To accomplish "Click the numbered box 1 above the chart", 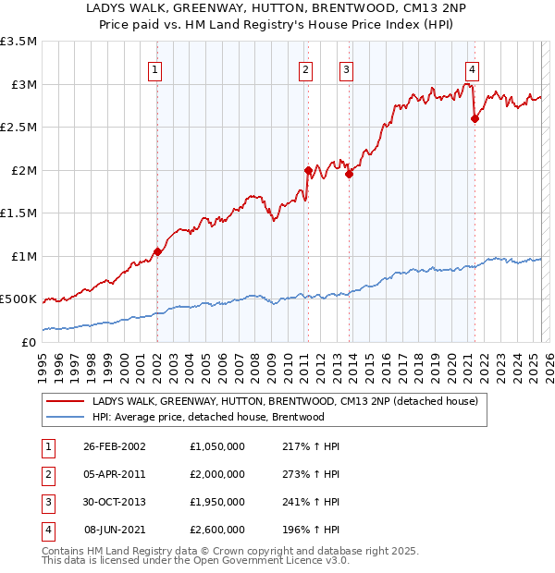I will coord(154,68).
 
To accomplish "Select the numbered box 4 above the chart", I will coord(472,68).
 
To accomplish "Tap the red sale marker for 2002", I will coord(157,251).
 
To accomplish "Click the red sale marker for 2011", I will coord(308,170).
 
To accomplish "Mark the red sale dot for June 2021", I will coord(475,118).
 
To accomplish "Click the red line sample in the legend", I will coord(66,402).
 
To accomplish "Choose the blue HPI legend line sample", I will coord(66,417).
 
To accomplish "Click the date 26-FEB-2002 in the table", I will coord(114,446).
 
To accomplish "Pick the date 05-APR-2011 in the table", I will coord(114,474).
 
